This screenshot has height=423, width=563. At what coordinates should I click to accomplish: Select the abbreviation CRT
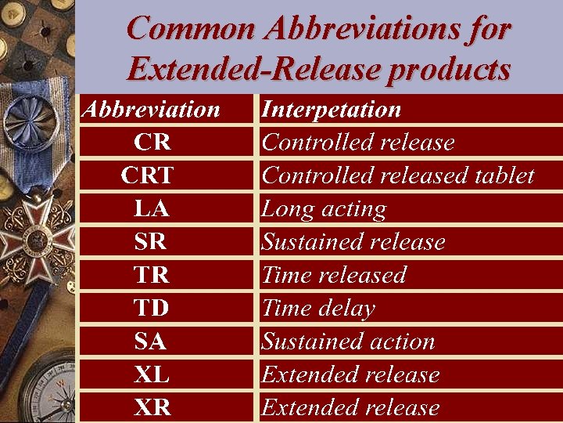pyautogui.click(x=147, y=175)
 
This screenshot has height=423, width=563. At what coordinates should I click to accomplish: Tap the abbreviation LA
pyautogui.click(x=152, y=209)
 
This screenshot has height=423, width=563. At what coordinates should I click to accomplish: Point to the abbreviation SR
pyautogui.click(x=151, y=242)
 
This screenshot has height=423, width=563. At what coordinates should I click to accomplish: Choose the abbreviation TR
pyautogui.click(x=152, y=275)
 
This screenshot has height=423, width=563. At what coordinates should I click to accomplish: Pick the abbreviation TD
pyautogui.click(x=152, y=308)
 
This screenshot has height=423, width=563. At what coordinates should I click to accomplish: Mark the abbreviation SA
pyautogui.click(x=151, y=342)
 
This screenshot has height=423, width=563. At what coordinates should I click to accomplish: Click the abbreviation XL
pyautogui.click(x=152, y=374)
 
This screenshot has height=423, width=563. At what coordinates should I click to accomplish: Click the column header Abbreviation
pyautogui.click(x=151, y=109)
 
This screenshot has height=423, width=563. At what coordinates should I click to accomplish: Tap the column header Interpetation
pyautogui.click(x=331, y=109)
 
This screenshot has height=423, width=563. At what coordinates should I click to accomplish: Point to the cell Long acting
pyautogui.click(x=324, y=209)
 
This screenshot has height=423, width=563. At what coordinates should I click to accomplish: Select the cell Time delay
pyautogui.click(x=318, y=308)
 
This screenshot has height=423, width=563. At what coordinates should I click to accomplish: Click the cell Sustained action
pyautogui.click(x=348, y=342)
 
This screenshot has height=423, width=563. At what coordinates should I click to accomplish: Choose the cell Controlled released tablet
pyautogui.click(x=398, y=175)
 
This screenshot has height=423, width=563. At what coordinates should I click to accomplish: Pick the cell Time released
pyautogui.click(x=334, y=275)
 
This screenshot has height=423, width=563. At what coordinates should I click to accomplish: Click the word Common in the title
pyautogui.click(x=191, y=29)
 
